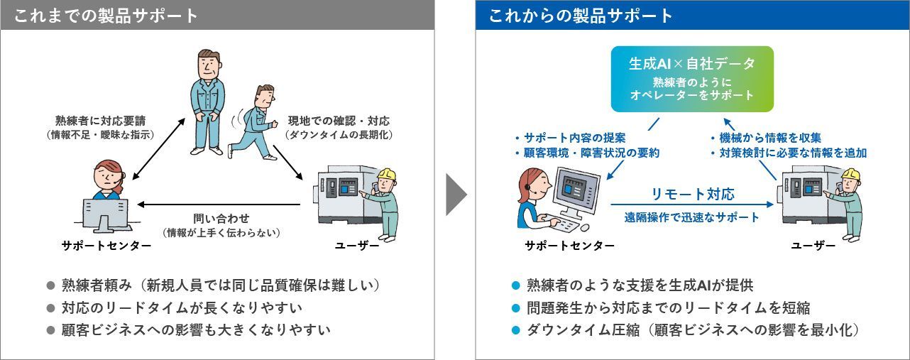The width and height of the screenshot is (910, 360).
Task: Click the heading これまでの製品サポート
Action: click(106, 16)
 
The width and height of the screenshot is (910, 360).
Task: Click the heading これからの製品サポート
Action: click(581, 16)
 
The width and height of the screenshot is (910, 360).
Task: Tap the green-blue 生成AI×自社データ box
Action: click(691, 79)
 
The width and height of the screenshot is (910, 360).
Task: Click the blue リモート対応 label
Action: click(692, 194)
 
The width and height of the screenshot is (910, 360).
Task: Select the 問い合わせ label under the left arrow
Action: click(221, 218)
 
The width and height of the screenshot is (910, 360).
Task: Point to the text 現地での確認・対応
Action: click(339, 121)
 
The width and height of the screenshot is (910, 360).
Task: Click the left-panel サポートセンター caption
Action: click(106, 246)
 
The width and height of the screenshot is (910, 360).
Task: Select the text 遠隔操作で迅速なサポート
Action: click(692, 217)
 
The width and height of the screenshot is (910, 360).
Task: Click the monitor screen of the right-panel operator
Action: click(574, 188)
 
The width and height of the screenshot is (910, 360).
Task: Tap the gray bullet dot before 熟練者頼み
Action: click(50, 286)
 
